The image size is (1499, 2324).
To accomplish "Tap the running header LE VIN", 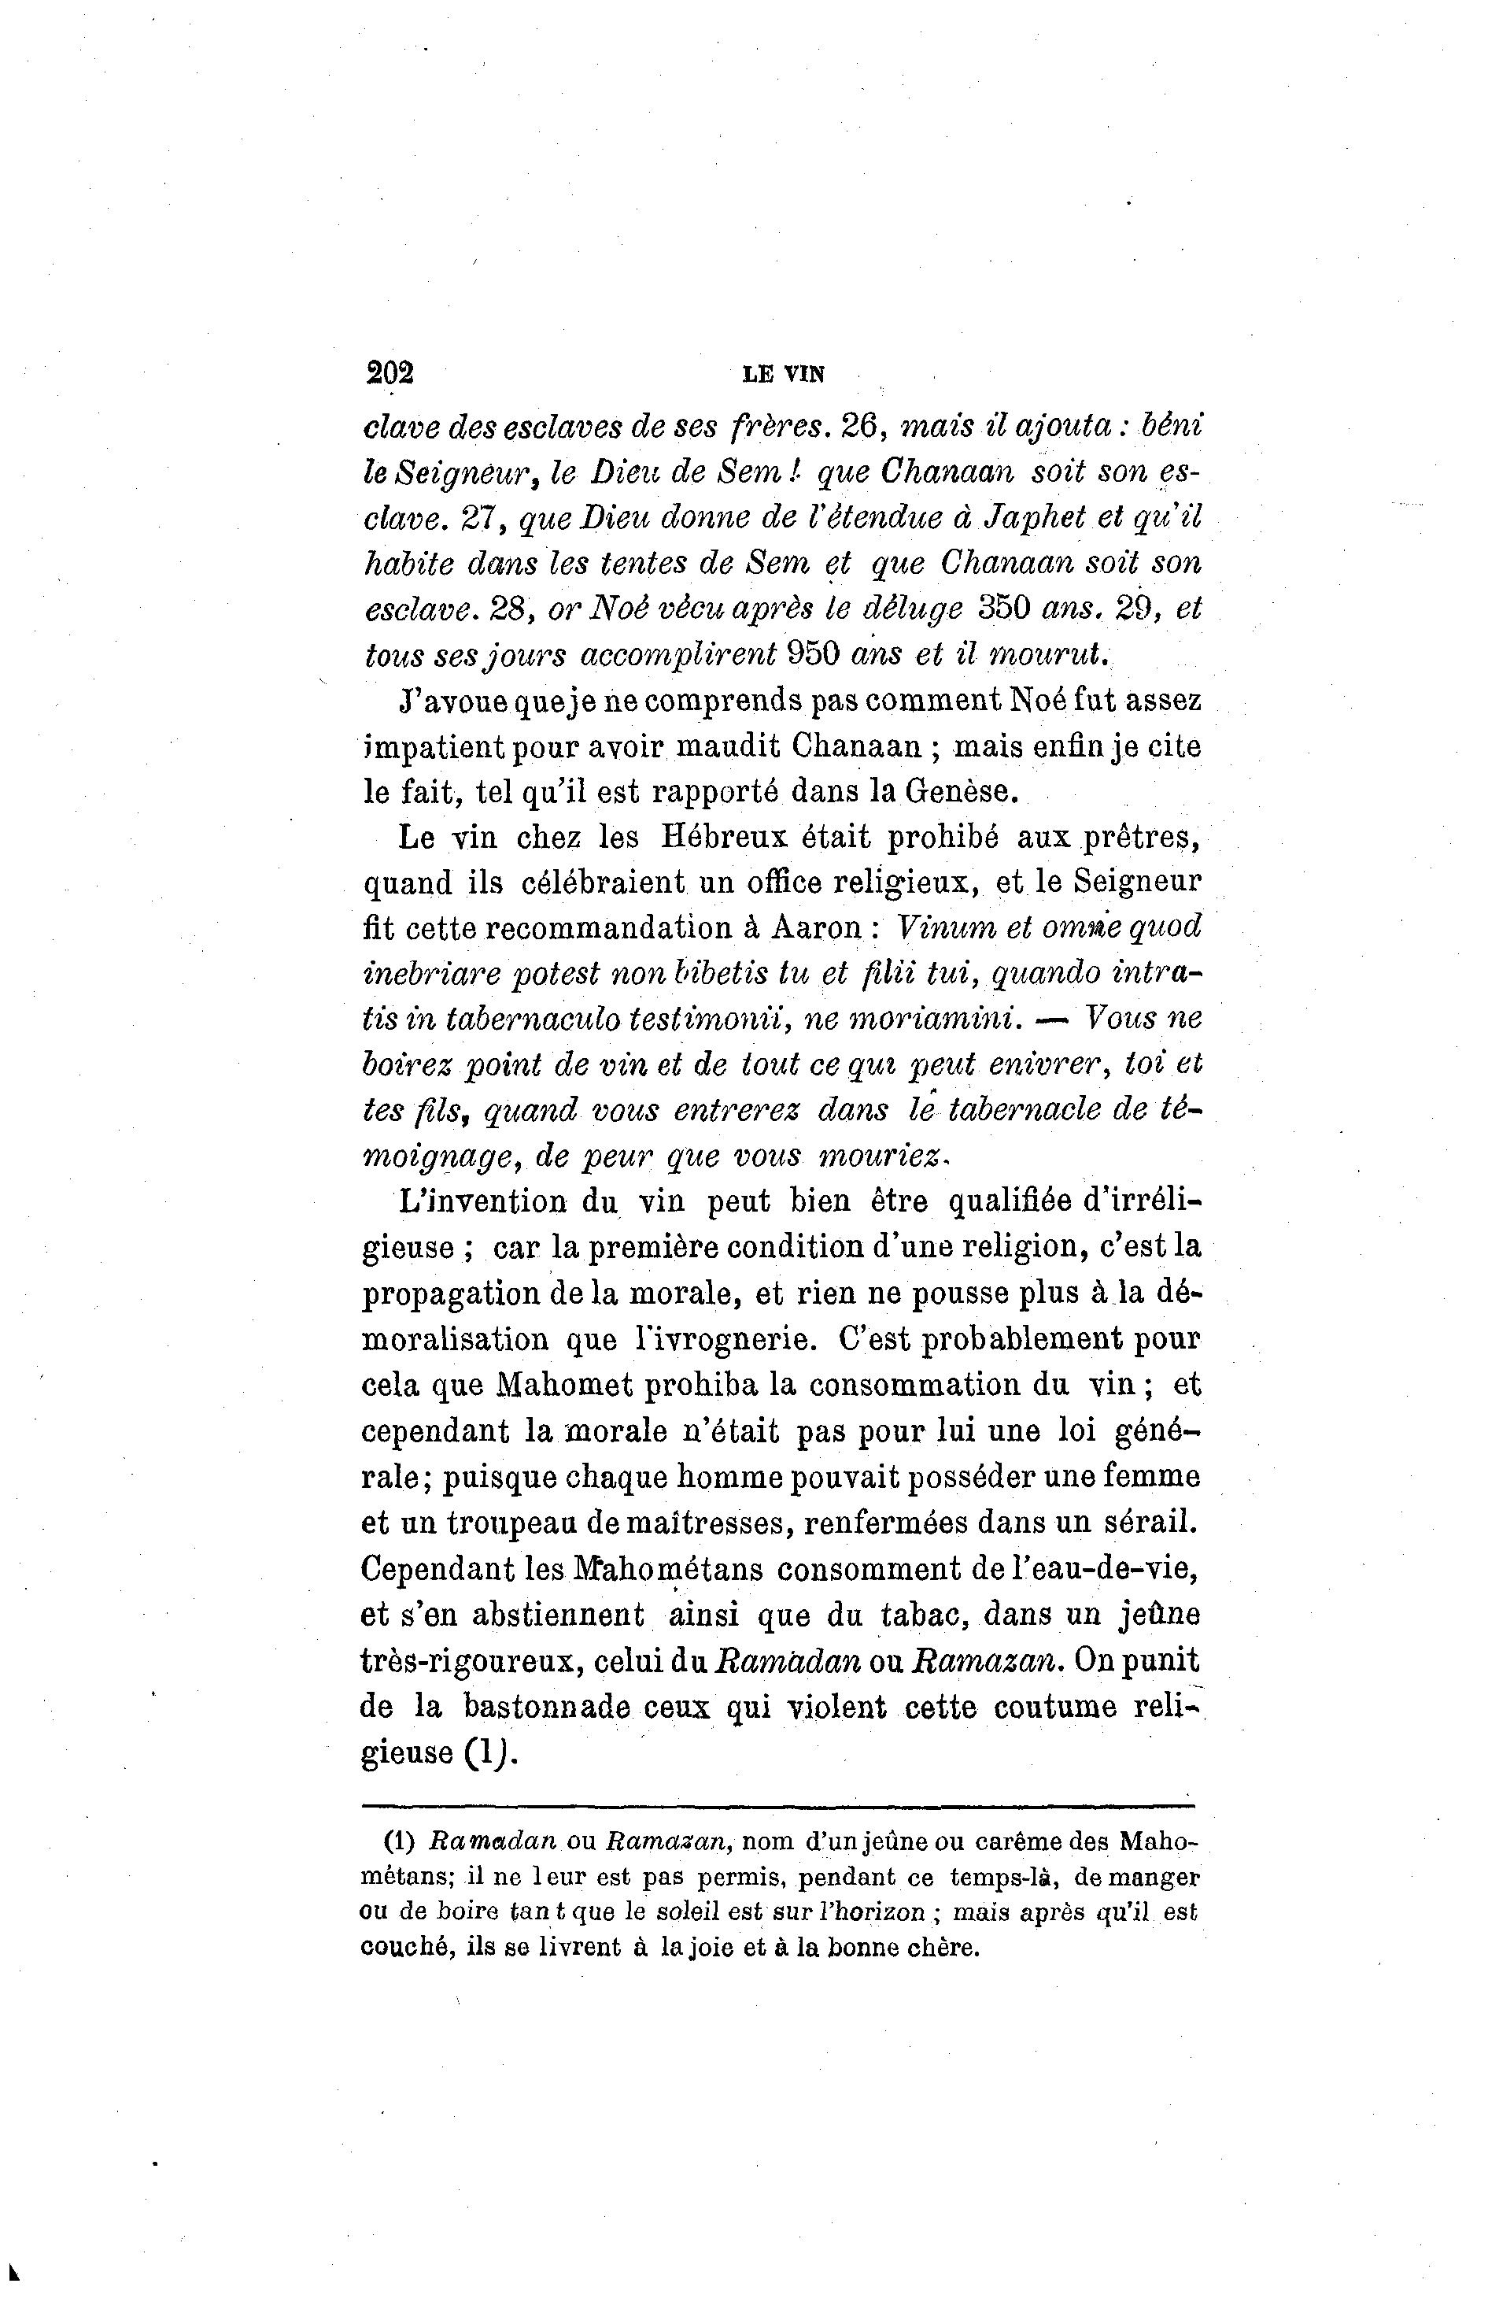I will tap(783, 374).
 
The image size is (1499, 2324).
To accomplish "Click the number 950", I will tap(812, 654).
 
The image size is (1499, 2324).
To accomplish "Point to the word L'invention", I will tap(483, 1201).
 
